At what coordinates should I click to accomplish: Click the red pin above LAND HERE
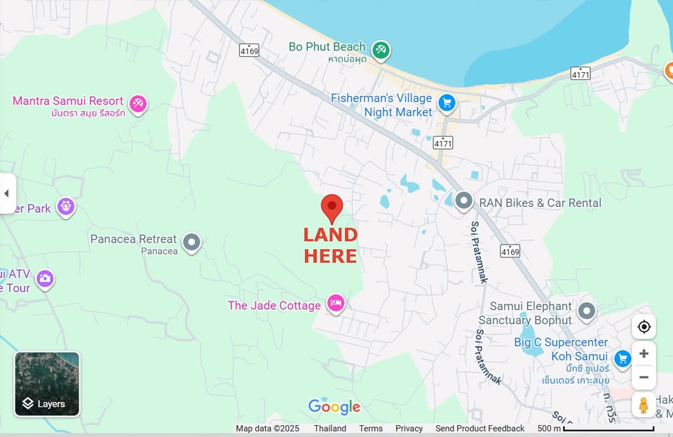tap(332, 208)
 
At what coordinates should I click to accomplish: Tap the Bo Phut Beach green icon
tap(381, 50)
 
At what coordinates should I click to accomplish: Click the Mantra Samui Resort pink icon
tap(138, 104)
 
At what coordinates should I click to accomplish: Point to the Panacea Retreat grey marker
tap(191, 243)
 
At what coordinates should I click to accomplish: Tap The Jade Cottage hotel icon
tap(336, 303)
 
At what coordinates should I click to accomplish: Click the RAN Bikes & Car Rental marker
tap(463, 202)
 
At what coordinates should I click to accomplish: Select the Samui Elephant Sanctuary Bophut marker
tap(586, 310)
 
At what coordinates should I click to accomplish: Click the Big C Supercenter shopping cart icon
tap(622, 358)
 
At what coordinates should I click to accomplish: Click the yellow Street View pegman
tap(644, 405)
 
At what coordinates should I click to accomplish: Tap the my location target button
tap(644, 327)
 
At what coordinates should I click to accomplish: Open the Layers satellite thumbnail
tap(47, 384)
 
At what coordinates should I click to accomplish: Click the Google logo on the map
tap(334, 407)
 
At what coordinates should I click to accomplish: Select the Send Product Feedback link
tap(480, 429)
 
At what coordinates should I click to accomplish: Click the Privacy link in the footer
tap(409, 429)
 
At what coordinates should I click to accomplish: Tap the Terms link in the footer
tap(371, 429)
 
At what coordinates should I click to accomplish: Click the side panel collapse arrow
tap(6, 193)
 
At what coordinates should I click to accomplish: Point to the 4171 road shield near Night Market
tap(443, 143)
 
